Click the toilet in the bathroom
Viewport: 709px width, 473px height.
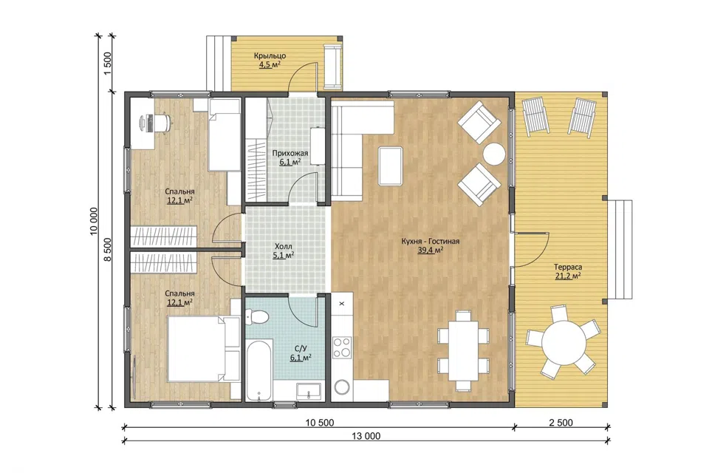tap(258, 316)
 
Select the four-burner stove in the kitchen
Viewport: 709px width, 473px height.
tap(342, 347)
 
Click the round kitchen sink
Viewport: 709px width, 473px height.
tap(342, 387)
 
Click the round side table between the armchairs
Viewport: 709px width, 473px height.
tap(494, 154)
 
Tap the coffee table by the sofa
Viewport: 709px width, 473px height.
tap(391, 166)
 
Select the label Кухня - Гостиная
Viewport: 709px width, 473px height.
tap(430, 241)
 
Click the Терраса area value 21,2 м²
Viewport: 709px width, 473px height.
tap(568, 276)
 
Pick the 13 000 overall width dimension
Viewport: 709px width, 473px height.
tap(366, 436)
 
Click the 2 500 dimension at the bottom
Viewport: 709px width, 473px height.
tap(561, 423)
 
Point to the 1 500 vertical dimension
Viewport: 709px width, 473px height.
tap(107, 64)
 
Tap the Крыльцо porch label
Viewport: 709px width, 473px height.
tap(270, 55)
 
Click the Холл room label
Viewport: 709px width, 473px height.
tap(284, 247)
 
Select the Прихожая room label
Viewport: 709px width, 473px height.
tap(290, 153)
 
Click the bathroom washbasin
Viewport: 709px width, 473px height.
tap(309, 391)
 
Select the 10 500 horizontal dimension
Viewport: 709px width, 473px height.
tap(320, 423)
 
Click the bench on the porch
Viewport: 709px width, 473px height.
tap(333, 67)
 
